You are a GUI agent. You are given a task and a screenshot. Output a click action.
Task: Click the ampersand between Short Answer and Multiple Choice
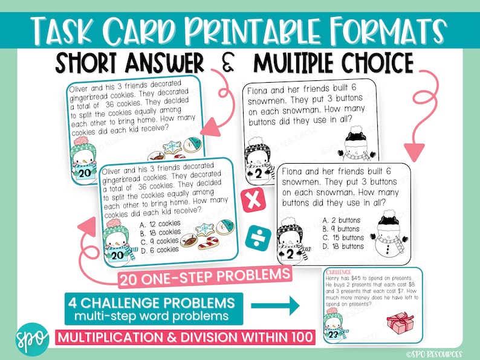pyautogui.click(x=229, y=64)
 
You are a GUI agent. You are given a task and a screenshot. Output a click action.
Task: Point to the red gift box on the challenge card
pyautogui.click(x=399, y=322)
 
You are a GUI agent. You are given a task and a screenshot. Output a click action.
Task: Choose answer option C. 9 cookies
pyautogui.click(x=159, y=240)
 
